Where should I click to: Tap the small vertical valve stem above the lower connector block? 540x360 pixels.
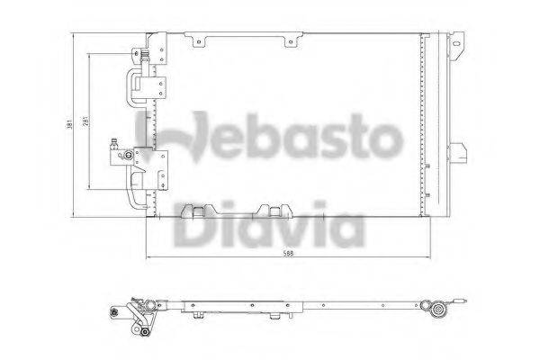click(114, 144)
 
